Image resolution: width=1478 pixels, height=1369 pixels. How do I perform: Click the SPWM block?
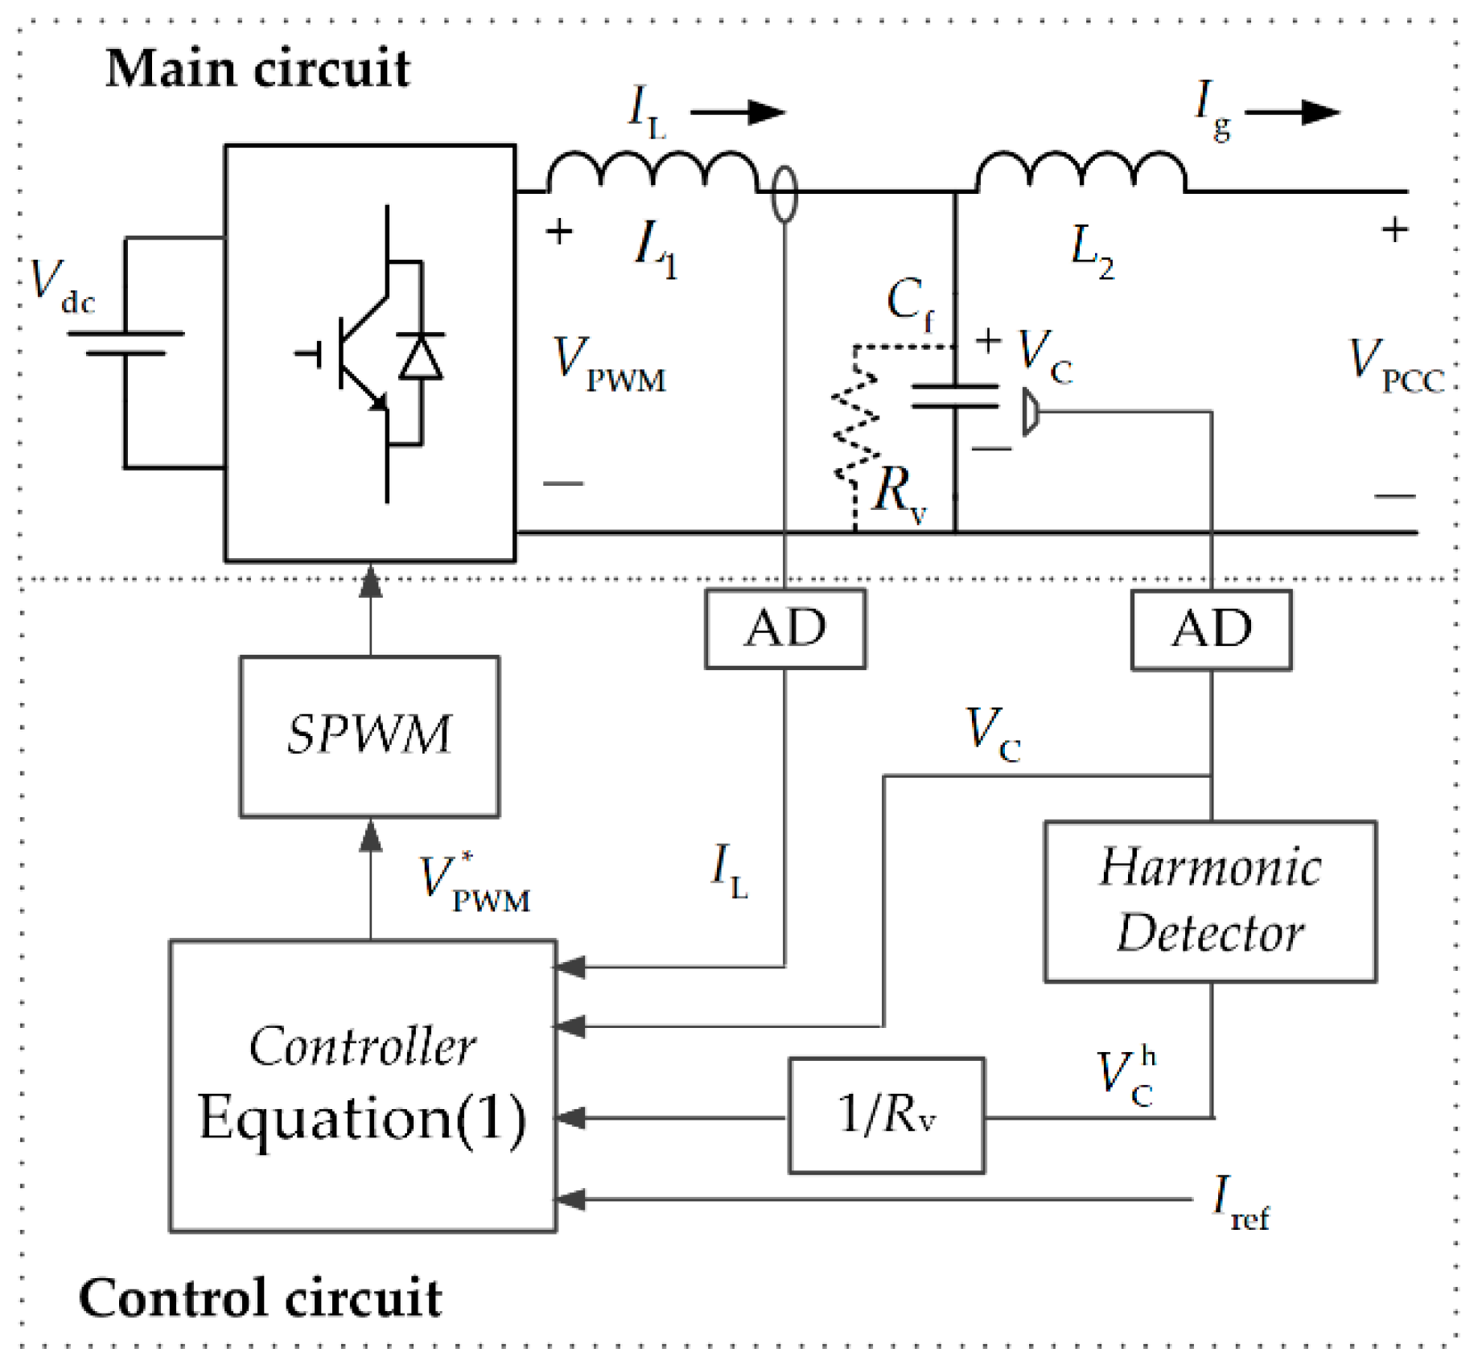pyautogui.click(x=369, y=736)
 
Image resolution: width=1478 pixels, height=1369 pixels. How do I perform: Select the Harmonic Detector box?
pyautogui.click(x=1210, y=901)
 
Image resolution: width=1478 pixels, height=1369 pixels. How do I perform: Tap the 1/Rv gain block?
pyautogui.click(x=887, y=1116)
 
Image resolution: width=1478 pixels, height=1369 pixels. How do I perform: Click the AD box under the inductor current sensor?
pyautogui.click(x=785, y=628)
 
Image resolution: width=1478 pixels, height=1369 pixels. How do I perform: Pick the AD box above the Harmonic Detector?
pyautogui.click(x=1211, y=630)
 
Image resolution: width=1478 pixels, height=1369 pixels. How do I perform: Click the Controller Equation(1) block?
pyautogui.click(x=363, y=1086)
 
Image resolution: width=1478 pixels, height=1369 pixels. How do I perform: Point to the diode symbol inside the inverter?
pyautogui.click(x=421, y=356)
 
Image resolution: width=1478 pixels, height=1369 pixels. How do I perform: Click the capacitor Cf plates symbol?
pyautogui.click(x=955, y=397)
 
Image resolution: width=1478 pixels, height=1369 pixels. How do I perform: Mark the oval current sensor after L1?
pyautogui.click(x=784, y=193)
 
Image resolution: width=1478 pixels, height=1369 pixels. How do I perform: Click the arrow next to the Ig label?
pyautogui.click(x=1293, y=112)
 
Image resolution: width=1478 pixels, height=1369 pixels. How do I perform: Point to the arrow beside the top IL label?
pyautogui.click(x=738, y=112)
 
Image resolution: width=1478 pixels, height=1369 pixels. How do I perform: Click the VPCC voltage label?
pyautogui.click(x=1397, y=367)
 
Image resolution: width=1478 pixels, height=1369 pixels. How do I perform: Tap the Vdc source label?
pyautogui.click(x=63, y=286)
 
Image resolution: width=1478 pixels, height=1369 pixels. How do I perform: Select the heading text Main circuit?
pyautogui.click(x=257, y=68)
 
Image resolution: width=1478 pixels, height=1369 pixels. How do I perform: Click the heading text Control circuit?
pyautogui.click(x=260, y=1297)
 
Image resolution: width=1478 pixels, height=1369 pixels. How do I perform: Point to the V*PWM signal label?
pyautogui.click(x=475, y=882)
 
